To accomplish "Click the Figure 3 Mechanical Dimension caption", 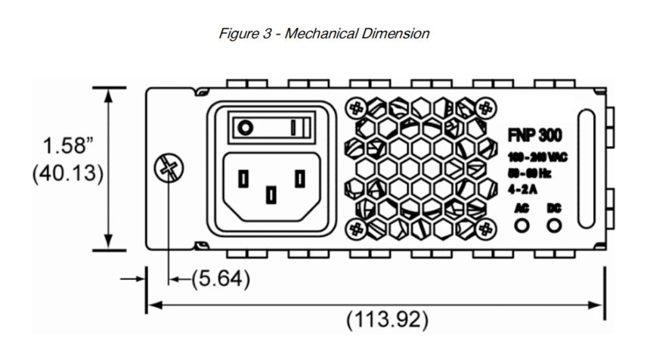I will tap(324, 33).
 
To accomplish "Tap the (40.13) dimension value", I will tap(67, 173).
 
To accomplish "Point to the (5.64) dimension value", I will tap(219, 279).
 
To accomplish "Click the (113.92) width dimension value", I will tap(386, 320).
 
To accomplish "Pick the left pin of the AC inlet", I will tap(243, 178).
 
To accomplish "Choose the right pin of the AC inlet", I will tap(299, 178).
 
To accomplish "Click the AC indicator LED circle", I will tap(522, 225).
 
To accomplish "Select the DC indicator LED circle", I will tap(556, 225).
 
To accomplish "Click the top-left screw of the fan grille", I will tap(354, 107).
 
